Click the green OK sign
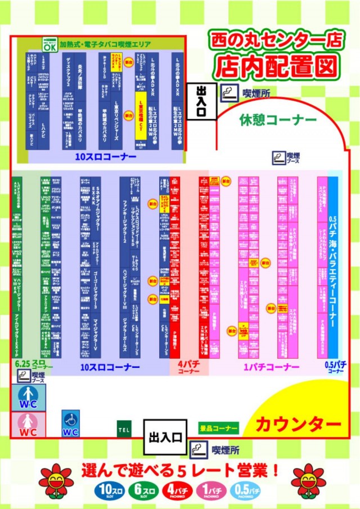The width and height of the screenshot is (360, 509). coord(50,46)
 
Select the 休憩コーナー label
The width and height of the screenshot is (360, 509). coord(277,120)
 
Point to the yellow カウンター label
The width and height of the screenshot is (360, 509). coord(299,424)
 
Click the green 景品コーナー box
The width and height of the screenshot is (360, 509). coord(219,428)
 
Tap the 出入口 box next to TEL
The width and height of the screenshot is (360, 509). coord(164,436)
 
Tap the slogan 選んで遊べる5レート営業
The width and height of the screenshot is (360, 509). coord(181,469)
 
